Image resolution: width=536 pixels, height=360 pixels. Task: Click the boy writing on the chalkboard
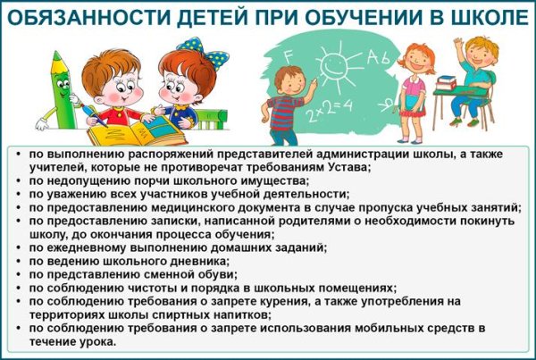(288, 104)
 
